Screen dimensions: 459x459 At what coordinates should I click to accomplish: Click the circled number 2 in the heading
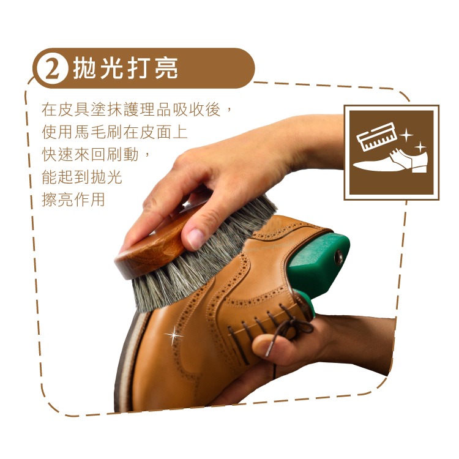[x=53, y=69]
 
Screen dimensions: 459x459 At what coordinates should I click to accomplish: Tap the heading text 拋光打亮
[x=125, y=68]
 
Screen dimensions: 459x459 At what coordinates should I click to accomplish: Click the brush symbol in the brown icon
[x=377, y=136]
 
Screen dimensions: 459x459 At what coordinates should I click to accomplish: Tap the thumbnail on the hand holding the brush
[x=195, y=237]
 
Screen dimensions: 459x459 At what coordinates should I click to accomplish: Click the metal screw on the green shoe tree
[x=339, y=258]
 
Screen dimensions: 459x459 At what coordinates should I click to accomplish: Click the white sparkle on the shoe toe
[x=174, y=335]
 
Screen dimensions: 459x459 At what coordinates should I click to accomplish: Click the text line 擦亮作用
[x=73, y=200]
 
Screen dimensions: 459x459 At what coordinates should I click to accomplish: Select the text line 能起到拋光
[x=81, y=177]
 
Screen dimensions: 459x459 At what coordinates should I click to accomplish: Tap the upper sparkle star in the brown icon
[x=406, y=135]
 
